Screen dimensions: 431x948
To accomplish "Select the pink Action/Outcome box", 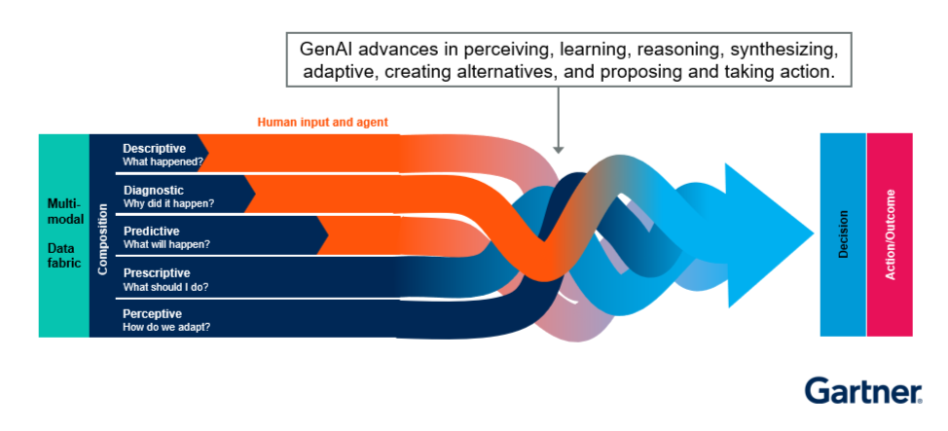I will [890, 234].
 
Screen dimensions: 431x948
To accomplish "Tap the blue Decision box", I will [843, 234].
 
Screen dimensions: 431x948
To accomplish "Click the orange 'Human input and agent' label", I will [322, 123].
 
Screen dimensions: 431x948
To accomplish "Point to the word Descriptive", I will [154, 148].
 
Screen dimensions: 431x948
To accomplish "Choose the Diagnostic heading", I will [153, 190].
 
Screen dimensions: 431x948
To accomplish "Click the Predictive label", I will [152, 231].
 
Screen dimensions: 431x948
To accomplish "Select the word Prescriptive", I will [156, 272].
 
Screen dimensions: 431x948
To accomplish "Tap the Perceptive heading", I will [153, 313].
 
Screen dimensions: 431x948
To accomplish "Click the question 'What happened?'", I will [164, 162].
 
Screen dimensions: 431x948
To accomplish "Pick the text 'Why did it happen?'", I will [168, 203].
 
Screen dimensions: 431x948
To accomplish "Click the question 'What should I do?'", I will [165, 286].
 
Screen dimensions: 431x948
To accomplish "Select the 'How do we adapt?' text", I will [166, 327].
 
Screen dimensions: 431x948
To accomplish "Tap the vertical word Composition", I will [103, 235].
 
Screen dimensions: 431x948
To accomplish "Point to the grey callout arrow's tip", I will [558, 152].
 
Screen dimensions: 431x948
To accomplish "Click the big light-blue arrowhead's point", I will [812, 234].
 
